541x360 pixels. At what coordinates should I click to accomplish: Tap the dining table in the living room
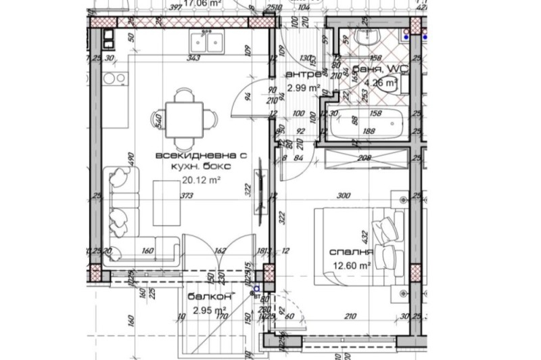pos(183,116)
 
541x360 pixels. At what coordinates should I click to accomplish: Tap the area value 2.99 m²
pos(303,88)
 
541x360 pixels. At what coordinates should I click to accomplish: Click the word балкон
pos(210,297)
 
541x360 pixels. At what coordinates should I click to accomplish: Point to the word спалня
pos(352,253)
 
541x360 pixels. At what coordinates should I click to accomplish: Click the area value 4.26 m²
pos(381,83)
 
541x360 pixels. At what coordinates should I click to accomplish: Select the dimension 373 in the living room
pos(187,196)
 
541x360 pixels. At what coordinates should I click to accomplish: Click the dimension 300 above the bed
pos(344,196)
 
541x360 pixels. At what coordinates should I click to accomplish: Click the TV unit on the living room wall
pos(259,189)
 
